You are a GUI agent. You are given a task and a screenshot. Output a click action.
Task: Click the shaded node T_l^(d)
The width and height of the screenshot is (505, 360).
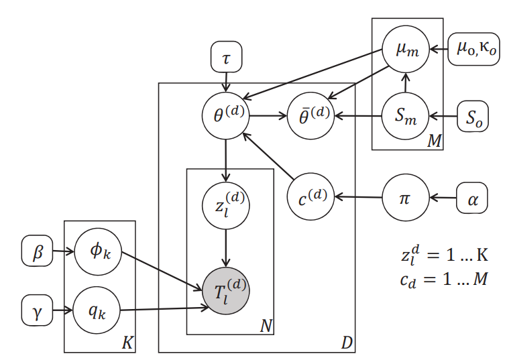[226, 290]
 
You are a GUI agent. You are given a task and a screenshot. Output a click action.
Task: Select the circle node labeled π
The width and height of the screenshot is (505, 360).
[404, 198]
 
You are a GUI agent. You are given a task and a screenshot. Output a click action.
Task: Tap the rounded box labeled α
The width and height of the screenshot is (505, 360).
[472, 198]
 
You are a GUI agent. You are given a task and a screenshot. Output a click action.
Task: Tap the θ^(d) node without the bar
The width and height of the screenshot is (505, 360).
[226, 115]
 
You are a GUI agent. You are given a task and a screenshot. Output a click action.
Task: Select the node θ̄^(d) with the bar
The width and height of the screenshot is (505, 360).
[311, 115]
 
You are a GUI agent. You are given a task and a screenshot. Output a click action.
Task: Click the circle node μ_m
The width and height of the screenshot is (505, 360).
[404, 50]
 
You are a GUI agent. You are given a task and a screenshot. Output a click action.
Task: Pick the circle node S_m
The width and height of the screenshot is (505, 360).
[404, 117]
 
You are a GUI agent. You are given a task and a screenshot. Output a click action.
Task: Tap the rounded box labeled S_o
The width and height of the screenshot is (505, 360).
[473, 117]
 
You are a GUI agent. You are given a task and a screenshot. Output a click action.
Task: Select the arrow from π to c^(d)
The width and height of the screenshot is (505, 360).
[358, 198]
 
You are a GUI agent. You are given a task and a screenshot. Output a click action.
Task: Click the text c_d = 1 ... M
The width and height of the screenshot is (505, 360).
[441, 278]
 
